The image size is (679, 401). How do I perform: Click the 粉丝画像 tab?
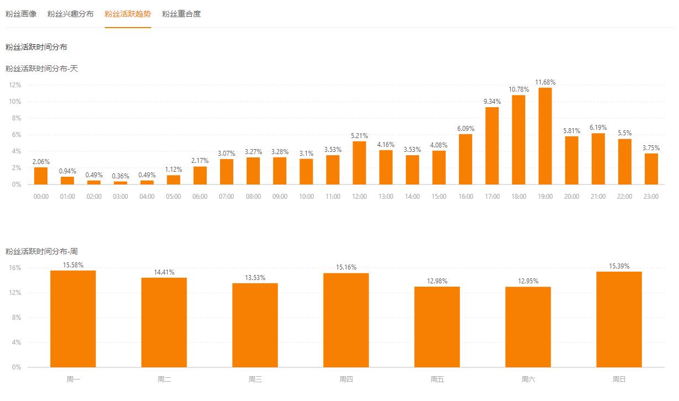pyautogui.click(x=21, y=14)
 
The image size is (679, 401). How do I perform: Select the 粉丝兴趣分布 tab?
pyautogui.click(x=71, y=14)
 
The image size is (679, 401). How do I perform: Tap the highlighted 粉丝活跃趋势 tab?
pyautogui.click(x=128, y=14)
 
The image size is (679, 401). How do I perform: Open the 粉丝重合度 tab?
pyautogui.click(x=181, y=14)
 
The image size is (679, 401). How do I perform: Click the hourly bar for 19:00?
pyautogui.click(x=545, y=136)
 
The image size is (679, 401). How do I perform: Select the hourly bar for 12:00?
pyautogui.click(x=359, y=163)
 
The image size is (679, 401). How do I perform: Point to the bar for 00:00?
pyautogui.click(x=41, y=176)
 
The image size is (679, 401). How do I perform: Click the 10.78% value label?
pyautogui.click(x=518, y=89)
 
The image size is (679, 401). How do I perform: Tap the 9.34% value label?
pyautogui.click(x=492, y=101)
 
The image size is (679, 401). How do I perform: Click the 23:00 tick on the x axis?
pyautogui.click(x=651, y=197)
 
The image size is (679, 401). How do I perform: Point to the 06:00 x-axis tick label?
pyautogui.click(x=200, y=197)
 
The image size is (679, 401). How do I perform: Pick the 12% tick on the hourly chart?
pyautogui.click(x=15, y=85)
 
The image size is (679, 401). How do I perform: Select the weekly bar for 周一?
pyautogui.click(x=73, y=319)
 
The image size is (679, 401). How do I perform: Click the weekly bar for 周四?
pyautogui.click(x=346, y=320)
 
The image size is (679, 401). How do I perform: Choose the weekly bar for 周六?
pyautogui.click(x=528, y=327)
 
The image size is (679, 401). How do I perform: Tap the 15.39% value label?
pyautogui.click(x=619, y=266)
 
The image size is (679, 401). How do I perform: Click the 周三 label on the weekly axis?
pyautogui.click(x=255, y=379)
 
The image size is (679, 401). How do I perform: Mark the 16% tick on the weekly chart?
pyautogui.click(x=15, y=268)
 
